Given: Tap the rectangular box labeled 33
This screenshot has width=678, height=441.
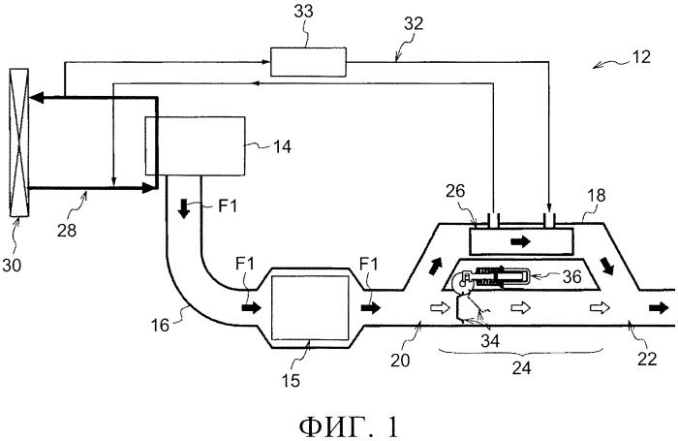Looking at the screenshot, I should [x=307, y=61].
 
